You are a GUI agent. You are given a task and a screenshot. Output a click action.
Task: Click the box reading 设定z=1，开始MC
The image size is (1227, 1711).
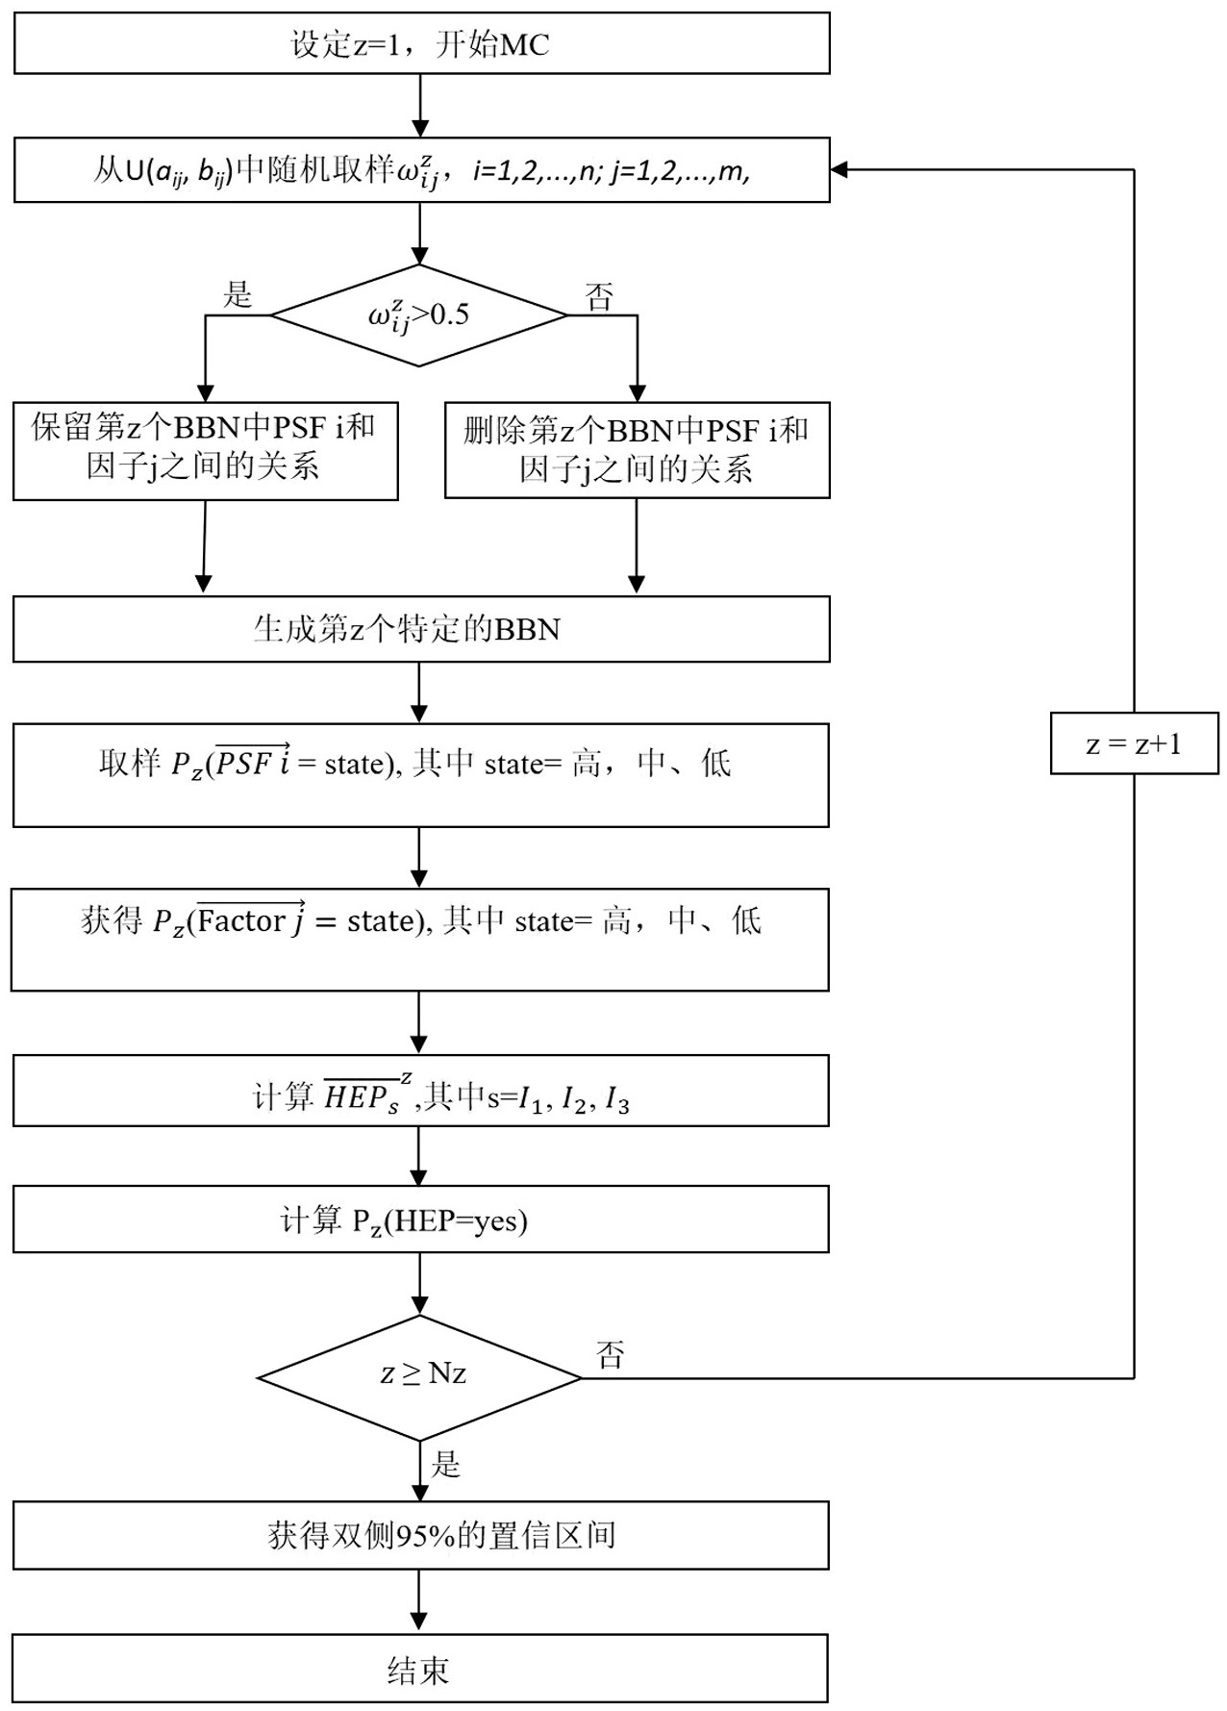[421, 43]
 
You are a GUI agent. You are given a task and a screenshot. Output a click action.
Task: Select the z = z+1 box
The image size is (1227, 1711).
[1134, 743]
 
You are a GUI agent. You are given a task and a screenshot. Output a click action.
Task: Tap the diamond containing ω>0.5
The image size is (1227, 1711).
[419, 315]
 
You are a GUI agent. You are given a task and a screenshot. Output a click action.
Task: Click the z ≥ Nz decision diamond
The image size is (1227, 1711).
[420, 1377]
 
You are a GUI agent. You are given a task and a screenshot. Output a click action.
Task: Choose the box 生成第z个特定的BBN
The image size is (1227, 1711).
[421, 629]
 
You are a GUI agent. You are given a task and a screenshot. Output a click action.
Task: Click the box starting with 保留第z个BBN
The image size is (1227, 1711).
[205, 451]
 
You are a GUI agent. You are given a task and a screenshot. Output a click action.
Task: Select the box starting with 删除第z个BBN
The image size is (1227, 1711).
[637, 450]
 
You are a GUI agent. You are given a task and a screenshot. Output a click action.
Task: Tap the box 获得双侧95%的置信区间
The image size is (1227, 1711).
[420, 1535]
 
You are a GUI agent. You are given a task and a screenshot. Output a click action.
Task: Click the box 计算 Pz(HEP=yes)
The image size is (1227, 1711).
[420, 1220]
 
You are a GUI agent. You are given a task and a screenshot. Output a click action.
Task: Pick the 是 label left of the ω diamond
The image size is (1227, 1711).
[238, 294]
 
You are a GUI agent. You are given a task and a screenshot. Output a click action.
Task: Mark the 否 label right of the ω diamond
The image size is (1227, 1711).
[599, 297]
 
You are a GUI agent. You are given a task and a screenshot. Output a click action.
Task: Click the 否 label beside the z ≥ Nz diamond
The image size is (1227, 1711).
[611, 1355]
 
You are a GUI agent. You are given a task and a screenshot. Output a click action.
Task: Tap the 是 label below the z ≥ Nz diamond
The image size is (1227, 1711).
[446, 1465]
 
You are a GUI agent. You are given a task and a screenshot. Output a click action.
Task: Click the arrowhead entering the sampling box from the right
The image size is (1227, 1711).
[839, 170]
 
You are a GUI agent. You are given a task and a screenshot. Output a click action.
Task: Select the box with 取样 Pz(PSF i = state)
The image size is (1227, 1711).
[420, 775]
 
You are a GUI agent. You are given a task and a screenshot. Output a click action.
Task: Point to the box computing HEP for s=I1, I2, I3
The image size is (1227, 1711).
[420, 1091]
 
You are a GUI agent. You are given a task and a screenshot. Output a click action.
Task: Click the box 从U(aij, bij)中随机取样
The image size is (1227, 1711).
[421, 170]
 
